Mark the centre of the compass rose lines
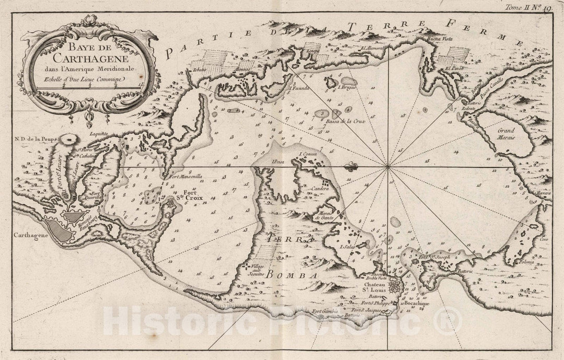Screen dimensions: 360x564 (x=387, y=167)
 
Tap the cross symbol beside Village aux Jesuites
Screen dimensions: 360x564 (x=245, y=267)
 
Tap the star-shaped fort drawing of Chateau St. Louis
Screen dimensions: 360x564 (x=396, y=286)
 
